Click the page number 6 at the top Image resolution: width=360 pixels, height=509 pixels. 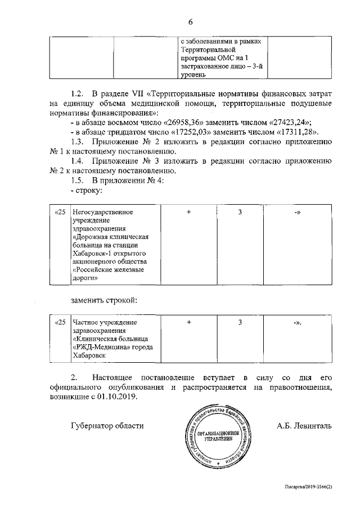click(190, 22)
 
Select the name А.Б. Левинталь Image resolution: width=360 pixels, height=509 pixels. click(304, 426)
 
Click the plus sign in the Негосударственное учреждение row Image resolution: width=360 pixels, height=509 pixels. click(189, 212)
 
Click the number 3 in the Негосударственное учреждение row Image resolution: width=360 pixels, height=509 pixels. click(240, 212)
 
